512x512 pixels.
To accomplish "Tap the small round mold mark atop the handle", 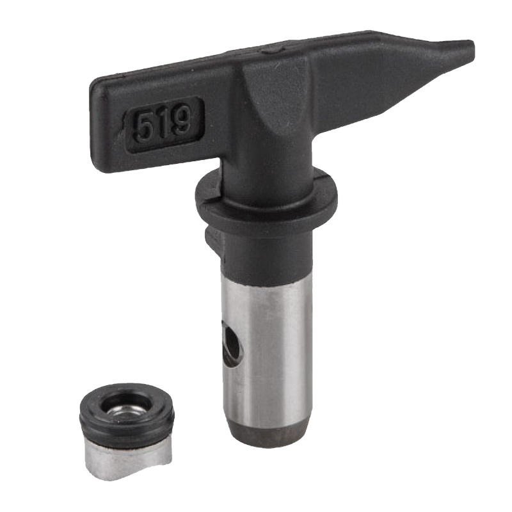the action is pos(273,50).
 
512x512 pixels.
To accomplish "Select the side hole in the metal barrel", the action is pos(233,347).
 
